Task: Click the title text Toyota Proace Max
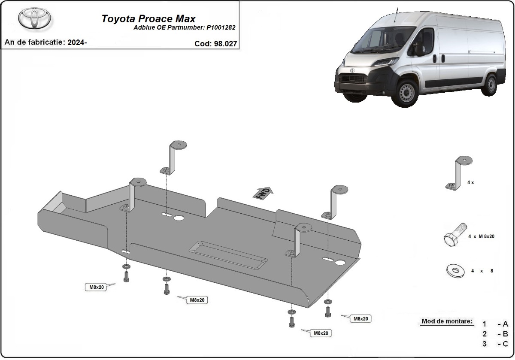point(148,19)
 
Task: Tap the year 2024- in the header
point(77,42)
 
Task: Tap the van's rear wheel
point(490,84)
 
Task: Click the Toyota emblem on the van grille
point(352,70)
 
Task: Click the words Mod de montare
point(447,321)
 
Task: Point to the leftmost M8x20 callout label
point(97,287)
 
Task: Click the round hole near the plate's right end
point(341,262)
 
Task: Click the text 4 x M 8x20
point(481,236)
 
